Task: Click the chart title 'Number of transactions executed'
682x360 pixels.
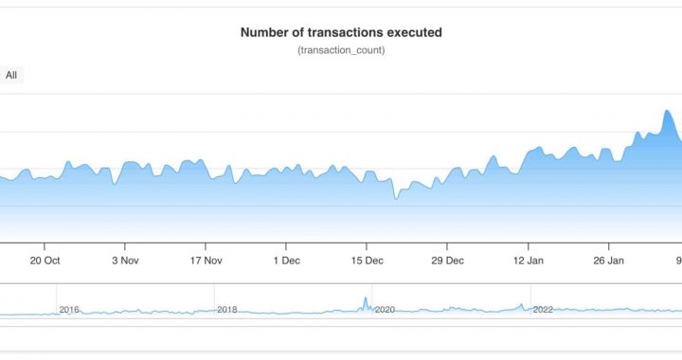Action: [x=341, y=32]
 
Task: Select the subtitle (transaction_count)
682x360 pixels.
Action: [x=341, y=49]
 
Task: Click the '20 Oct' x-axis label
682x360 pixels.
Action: [x=45, y=261]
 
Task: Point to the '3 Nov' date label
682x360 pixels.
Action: [x=126, y=261]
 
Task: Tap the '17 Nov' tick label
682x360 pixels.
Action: [x=206, y=261]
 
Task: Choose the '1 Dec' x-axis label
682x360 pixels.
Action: [x=286, y=261]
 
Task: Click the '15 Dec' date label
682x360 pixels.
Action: [x=367, y=261]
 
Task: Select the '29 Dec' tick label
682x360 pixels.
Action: [x=447, y=261]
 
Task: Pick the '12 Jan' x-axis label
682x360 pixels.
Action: [x=528, y=261]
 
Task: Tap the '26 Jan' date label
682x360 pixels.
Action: [x=608, y=261]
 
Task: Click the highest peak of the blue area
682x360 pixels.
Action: [x=667, y=111]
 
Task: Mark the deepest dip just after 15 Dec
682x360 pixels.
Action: [x=397, y=198]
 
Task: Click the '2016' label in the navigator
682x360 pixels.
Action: [x=70, y=310]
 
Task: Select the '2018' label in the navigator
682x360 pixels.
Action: [x=227, y=310]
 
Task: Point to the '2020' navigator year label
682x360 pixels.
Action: [x=385, y=310]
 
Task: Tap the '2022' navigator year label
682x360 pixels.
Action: [x=543, y=310]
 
